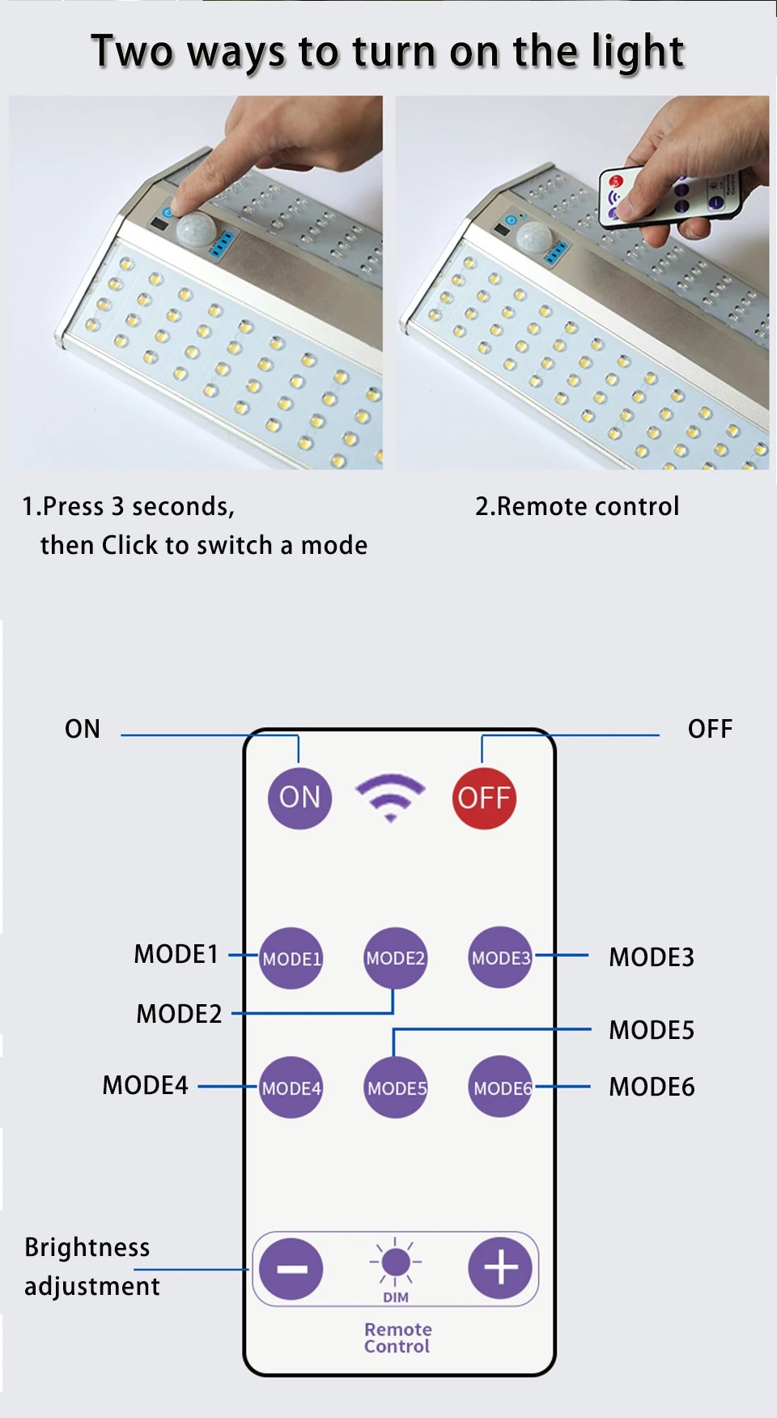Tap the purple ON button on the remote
(299, 798)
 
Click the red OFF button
(484, 798)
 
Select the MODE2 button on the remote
(395, 958)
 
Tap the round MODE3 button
(501, 957)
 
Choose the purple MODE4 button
(291, 1088)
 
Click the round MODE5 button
(396, 1088)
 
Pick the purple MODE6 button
(501, 1087)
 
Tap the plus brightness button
(500, 1268)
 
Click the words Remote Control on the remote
(397, 1338)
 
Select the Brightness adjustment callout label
(91, 1267)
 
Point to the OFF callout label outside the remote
(710, 729)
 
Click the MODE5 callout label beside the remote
(652, 1030)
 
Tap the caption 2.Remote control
(577, 506)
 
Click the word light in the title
(638, 53)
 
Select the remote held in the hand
(669, 195)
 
